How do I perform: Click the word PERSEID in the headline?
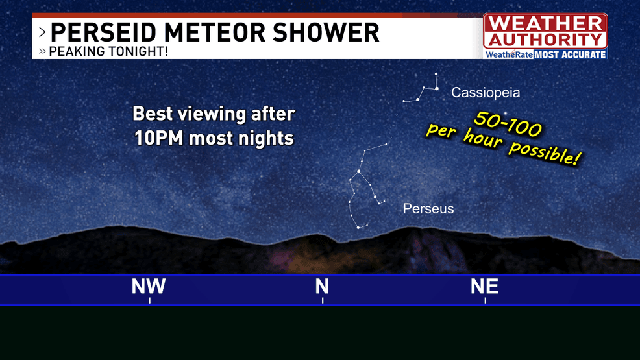coord(103,32)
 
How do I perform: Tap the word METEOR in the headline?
coord(215,32)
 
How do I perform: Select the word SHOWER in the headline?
coord(326,32)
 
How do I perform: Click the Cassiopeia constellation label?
coord(486,93)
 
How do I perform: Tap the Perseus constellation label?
coord(428,209)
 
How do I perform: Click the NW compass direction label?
coord(149,286)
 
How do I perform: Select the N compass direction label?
coord(322,286)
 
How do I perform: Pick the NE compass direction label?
coord(484,286)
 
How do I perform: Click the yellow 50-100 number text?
coord(508,123)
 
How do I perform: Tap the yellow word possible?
coord(544,152)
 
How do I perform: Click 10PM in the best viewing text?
coord(159,138)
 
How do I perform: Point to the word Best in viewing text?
coord(153,114)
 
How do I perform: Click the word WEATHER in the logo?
coord(545,23)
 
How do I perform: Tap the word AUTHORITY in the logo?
coord(545,40)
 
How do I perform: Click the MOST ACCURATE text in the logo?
coord(570,54)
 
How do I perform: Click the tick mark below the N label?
coord(323,300)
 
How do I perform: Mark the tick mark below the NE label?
coord(486,300)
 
